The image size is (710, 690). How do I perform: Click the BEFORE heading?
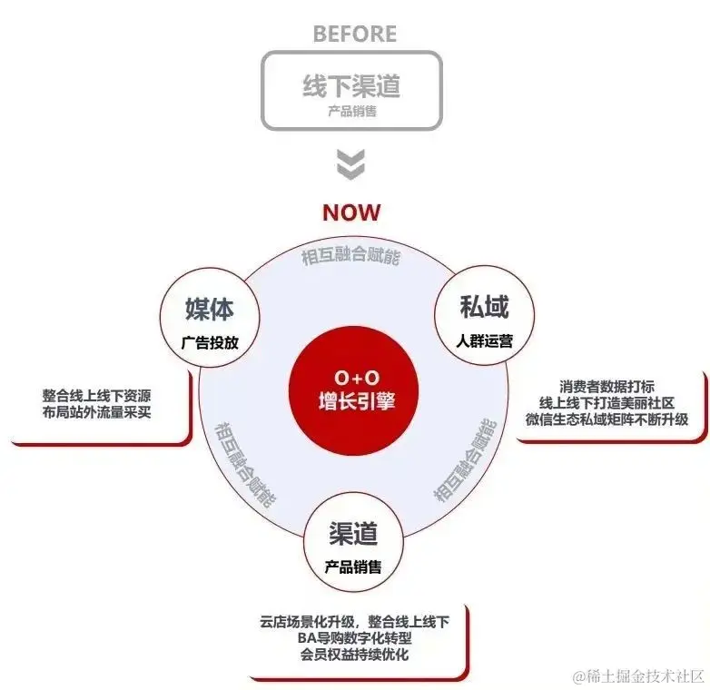point(354,34)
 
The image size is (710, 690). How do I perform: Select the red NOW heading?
point(351,212)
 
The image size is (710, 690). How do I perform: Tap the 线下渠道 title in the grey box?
point(351,86)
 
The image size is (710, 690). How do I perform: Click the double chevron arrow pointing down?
point(351,164)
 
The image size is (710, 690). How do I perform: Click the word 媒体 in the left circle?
point(210,309)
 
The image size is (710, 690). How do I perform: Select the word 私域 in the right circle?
point(485,307)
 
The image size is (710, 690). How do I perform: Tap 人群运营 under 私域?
point(485,341)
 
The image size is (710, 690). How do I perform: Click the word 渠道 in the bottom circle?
point(353,535)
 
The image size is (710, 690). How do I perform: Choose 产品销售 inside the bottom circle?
point(353,567)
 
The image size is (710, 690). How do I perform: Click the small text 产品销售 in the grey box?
point(351,113)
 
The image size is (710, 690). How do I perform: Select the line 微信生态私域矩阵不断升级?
point(606,419)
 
